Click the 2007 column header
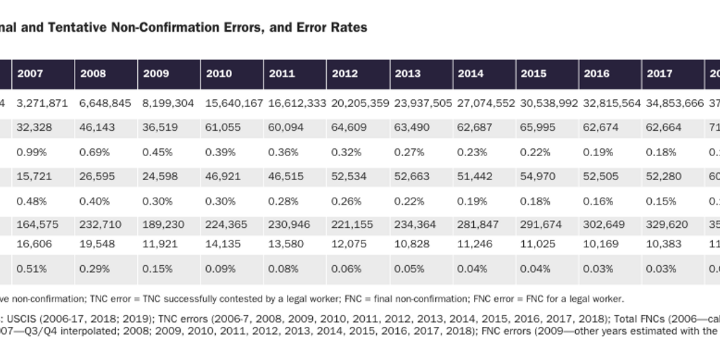pos(30,74)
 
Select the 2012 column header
pos(345,74)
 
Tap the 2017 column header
pos(660,74)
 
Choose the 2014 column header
pos(470,74)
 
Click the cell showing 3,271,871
pos(41,103)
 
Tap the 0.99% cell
pos(31,152)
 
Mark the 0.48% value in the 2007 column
pos(31,201)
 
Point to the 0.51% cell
pos(31,269)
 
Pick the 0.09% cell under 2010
pos(219,269)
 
